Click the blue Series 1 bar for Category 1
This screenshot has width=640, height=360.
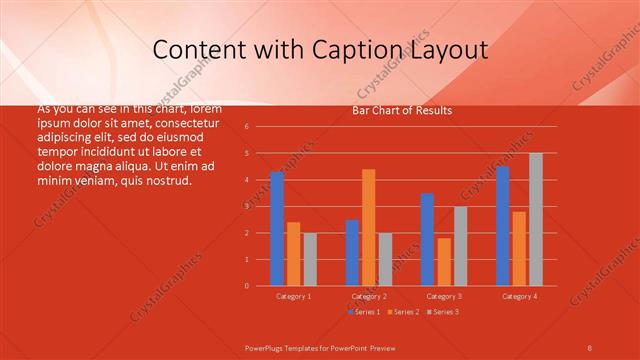(x=277, y=229)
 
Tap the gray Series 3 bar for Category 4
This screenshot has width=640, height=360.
(x=536, y=219)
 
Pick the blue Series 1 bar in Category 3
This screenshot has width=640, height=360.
(x=427, y=239)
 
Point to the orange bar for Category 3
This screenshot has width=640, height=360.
(x=444, y=261)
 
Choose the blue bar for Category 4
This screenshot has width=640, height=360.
(x=502, y=226)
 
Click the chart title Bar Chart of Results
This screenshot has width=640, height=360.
(x=402, y=111)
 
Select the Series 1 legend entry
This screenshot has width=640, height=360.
(x=363, y=312)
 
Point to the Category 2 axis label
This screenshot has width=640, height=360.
(x=369, y=296)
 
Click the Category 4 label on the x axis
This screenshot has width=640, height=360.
(x=519, y=296)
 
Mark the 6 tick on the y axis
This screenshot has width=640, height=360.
(x=260, y=127)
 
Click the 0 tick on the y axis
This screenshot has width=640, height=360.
(x=260, y=286)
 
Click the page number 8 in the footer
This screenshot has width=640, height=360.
(x=589, y=346)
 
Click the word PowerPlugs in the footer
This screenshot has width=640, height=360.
(x=265, y=346)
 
